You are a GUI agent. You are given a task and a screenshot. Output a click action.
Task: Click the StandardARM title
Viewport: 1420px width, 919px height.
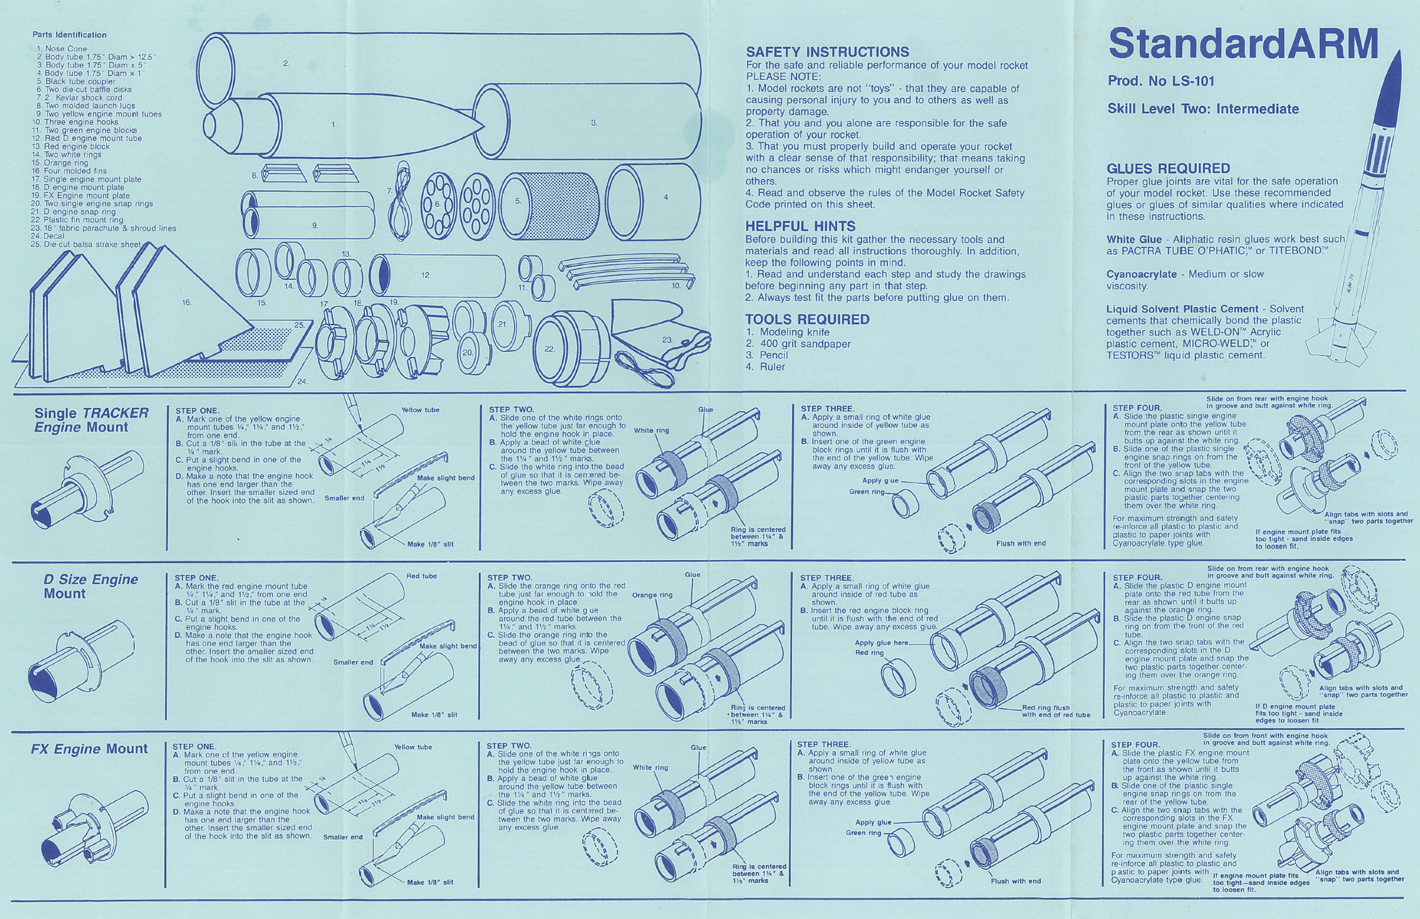pos(1243,44)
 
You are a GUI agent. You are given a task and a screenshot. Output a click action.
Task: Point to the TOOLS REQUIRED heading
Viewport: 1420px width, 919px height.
pos(807,319)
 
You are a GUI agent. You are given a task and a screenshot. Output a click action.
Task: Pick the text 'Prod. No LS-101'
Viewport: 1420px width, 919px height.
pos(1161,81)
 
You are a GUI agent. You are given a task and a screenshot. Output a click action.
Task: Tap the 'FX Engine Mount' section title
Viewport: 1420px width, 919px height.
pos(89,749)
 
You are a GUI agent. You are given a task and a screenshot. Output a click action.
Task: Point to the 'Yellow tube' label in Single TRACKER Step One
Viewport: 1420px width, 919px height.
pos(420,410)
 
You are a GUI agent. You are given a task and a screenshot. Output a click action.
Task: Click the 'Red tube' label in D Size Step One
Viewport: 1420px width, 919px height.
pos(421,576)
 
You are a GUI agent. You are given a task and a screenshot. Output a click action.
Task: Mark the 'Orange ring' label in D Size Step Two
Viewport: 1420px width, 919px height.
pos(652,595)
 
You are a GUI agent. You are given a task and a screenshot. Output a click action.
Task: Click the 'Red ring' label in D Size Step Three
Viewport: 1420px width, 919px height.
pos(869,653)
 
